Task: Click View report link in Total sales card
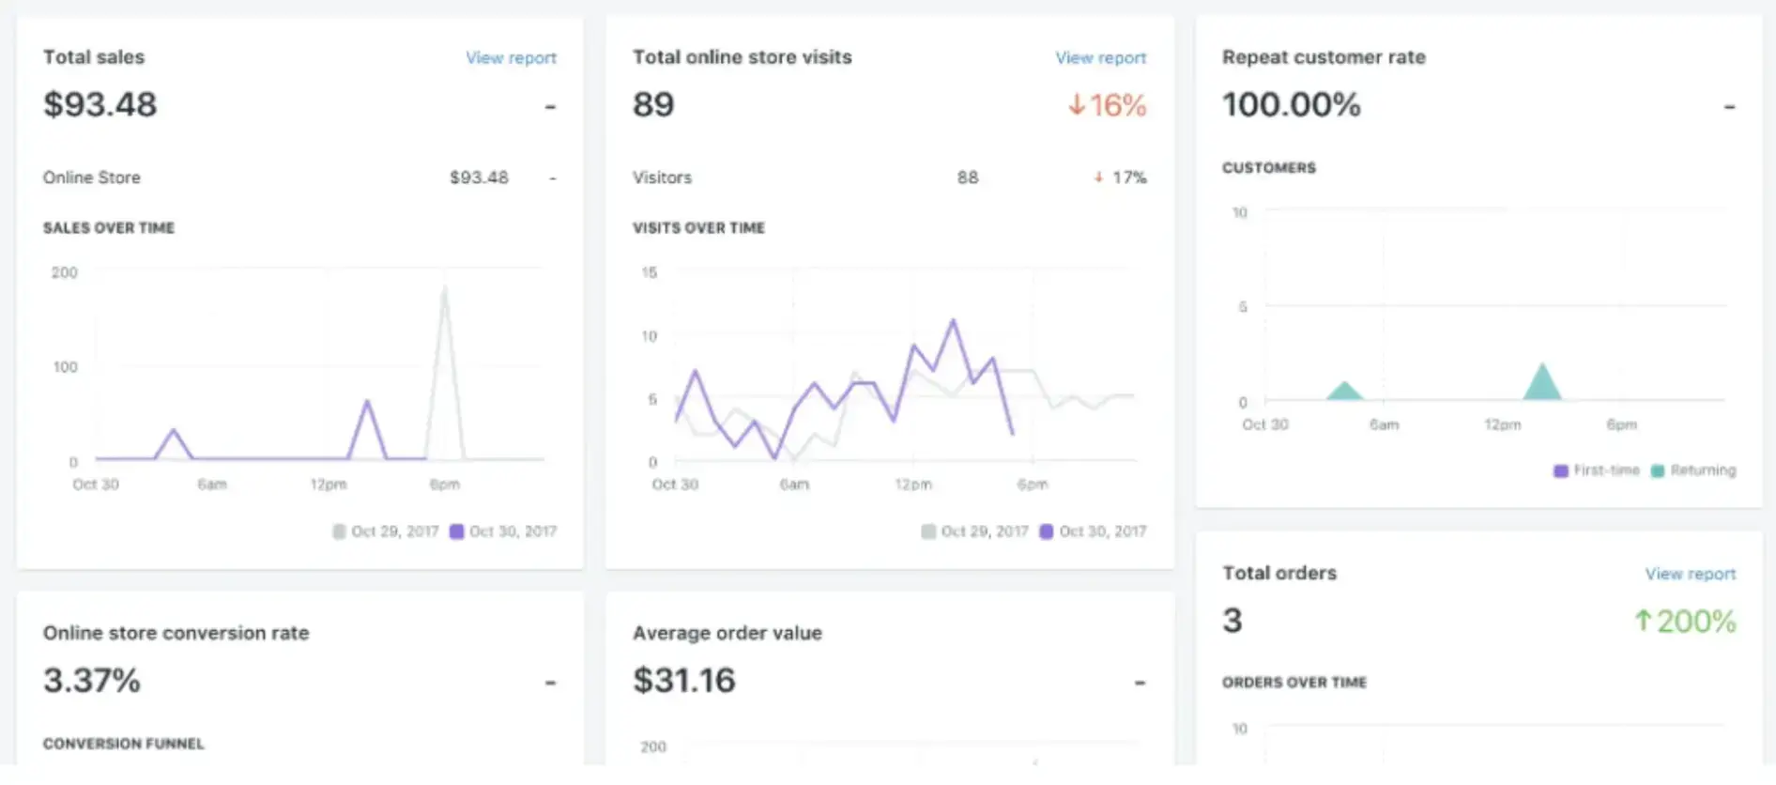click(511, 58)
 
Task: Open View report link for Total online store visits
click(1100, 58)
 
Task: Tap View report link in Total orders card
click(1690, 574)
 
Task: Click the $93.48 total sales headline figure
click(100, 104)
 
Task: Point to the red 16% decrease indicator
click(1108, 105)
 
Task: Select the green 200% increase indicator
click(1685, 621)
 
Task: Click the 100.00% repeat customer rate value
click(1291, 104)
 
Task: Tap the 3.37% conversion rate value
click(92, 680)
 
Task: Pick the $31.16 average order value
click(684, 680)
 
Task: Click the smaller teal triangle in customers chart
click(1344, 392)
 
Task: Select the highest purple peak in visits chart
click(954, 322)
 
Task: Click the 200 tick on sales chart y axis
click(65, 272)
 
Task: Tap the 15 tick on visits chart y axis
click(649, 272)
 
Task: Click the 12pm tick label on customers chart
click(1502, 424)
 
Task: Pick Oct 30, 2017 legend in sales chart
click(503, 531)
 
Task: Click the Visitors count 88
click(968, 177)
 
